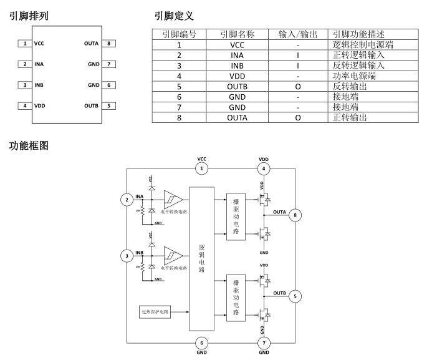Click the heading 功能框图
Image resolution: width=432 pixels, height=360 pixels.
point(29,146)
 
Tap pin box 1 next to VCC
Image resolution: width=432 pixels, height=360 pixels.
point(24,44)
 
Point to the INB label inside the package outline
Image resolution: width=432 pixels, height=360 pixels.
point(39,85)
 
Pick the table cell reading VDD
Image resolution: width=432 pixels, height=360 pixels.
point(237,76)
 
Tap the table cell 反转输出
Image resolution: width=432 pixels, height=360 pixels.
point(350,87)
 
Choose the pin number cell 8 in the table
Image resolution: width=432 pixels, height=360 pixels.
point(180,117)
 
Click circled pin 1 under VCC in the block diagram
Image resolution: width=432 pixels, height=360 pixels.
point(201,168)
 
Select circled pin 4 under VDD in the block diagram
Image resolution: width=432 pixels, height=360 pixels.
point(264,168)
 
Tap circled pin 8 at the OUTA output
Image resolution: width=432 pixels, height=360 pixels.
point(296,215)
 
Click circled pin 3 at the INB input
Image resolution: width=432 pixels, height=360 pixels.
point(127,255)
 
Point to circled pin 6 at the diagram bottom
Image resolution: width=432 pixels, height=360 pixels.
point(201,343)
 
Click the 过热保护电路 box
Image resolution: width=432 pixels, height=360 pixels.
point(155,310)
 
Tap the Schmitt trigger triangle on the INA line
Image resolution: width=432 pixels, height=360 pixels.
point(173,200)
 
